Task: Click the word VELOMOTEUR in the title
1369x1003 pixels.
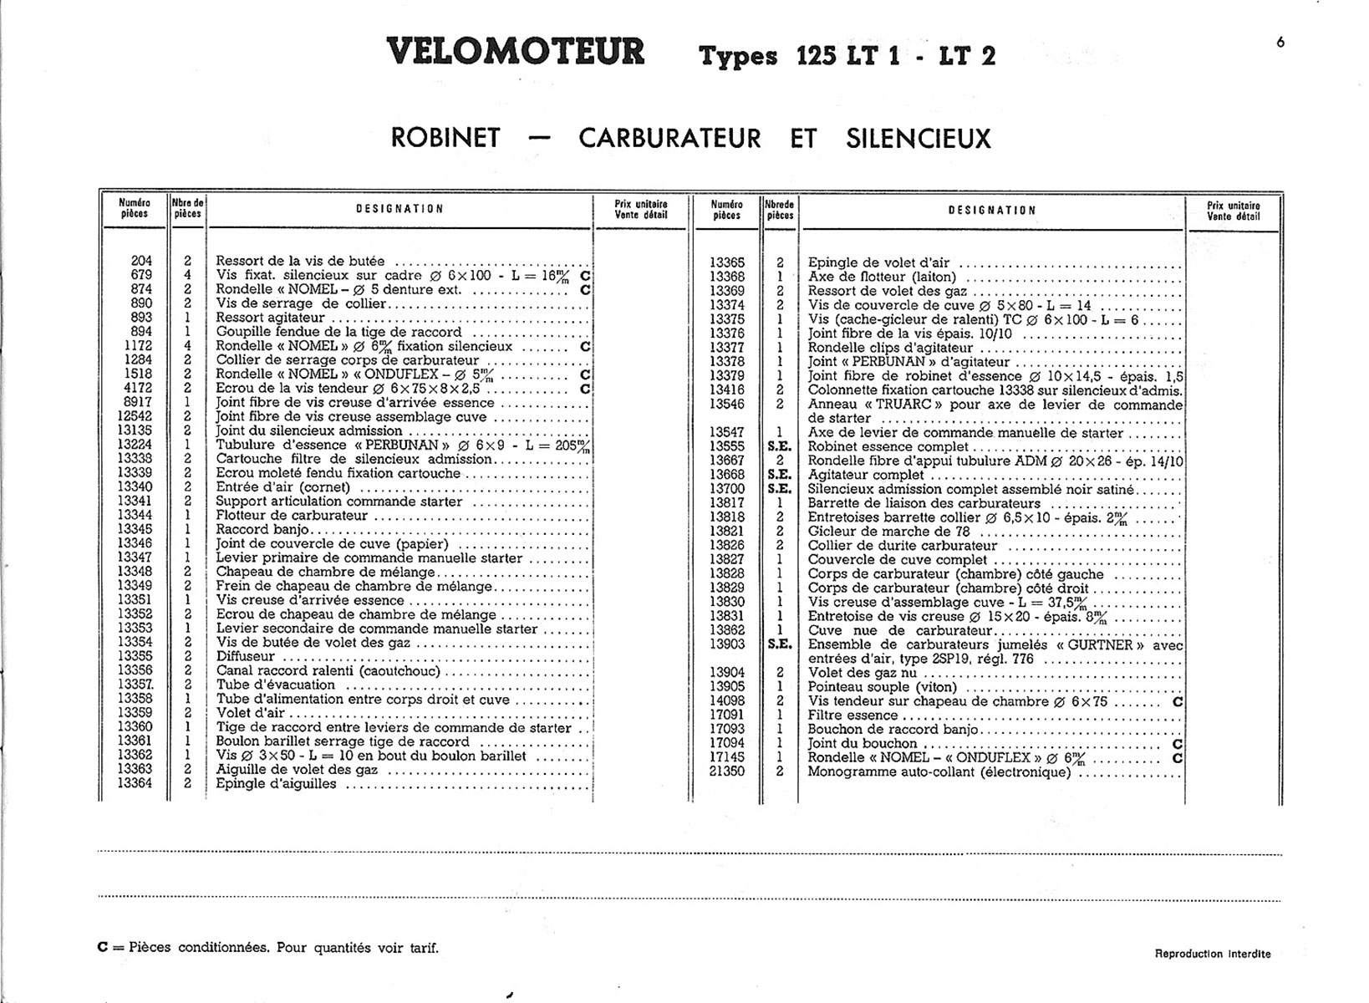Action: pyautogui.click(x=516, y=52)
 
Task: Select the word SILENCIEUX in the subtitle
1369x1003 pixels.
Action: pyautogui.click(x=918, y=138)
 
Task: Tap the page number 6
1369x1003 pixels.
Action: pyautogui.click(x=1280, y=43)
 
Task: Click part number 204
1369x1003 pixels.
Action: pyautogui.click(x=141, y=261)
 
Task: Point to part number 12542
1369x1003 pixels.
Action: pyautogui.click(x=135, y=416)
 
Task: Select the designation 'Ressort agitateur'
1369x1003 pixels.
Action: pyautogui.click(x=270, y=318)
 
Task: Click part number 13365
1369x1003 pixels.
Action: pyautogui.click(x=726, y=262)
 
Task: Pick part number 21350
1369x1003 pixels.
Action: pyautogui.click(x=726, y=771)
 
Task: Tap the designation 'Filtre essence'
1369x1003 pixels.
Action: pyautogui.click(x=852, y=715)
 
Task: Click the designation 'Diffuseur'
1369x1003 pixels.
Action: pyautogui.click(x=245, y=656)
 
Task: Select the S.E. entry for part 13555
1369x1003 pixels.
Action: pyautogui.click(x=779, y=447)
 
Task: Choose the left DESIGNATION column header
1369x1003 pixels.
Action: pyautogui.click(x=400, y=209)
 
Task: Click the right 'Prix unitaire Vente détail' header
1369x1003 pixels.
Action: pyautogui.click(x=1233, y=211)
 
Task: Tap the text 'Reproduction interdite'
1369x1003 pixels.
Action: pyautogui.click(x=1212, y=954)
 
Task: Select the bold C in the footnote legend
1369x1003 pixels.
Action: pyautogui.click(x=103, y=948)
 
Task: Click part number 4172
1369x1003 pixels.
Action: pyautogui.click(x=138, y=389)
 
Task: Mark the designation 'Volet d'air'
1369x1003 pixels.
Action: pyautogui.click(x=250, y=713)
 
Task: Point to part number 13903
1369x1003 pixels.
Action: pyautogui.click(x=726, y=644)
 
